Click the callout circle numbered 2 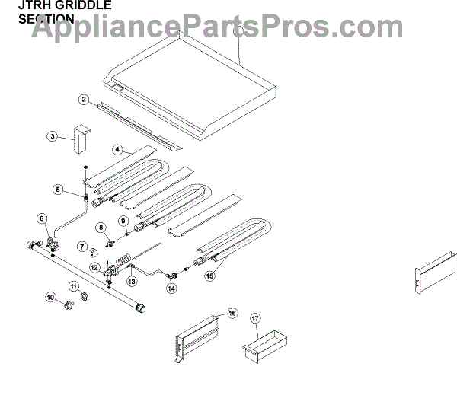click(x=84, y=100)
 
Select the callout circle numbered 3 click(x=52, y=137)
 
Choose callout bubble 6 click(x=42, y=218)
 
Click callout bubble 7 click(x=81, y=246)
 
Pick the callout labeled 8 click(x=101, y=228)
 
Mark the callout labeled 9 click(x=123, y=221)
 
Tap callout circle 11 click(x=74, y=286)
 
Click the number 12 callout click(x=94, y=267)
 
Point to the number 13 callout click(x=132, y=280)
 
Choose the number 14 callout click(x=171, y=288)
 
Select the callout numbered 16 click(x=232, y=312)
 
